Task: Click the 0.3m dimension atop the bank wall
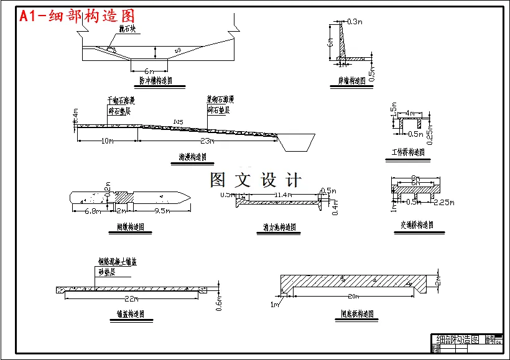355,22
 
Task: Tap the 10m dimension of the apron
107,141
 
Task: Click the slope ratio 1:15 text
179,121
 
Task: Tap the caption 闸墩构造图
131,227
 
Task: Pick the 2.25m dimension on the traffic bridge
443,203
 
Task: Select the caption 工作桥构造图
409,152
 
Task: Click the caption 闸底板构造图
357,315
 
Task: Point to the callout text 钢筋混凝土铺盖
117,262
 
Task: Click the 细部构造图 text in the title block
457,340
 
